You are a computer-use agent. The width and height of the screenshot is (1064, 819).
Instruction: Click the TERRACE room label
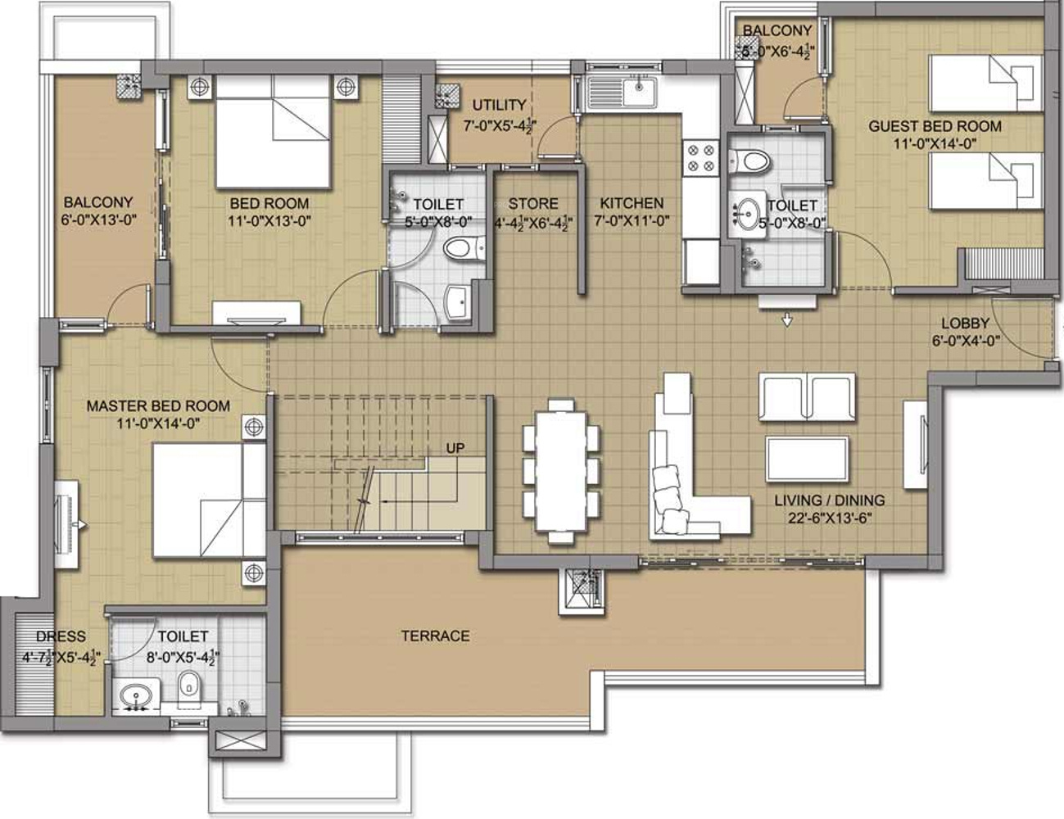(435, 636)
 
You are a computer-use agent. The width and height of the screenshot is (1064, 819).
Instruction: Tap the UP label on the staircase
(455, 448)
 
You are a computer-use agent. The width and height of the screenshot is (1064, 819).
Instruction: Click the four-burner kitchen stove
(700, 158)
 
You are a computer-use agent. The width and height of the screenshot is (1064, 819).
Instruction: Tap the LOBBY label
(965, 324)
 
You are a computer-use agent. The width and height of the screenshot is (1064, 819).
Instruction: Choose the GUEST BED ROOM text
(935, 126)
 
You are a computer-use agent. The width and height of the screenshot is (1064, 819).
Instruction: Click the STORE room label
(532, 203)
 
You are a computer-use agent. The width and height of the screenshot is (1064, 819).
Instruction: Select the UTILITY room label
(499, 105)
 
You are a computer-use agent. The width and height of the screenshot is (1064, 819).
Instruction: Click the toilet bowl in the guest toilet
(749, 161)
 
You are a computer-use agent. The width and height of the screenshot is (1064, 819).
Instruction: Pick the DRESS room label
(61, 636)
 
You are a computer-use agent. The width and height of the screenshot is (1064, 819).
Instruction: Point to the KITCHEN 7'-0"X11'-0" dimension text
(632, 221)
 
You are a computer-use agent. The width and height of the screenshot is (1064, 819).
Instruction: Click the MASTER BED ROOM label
(158, 406)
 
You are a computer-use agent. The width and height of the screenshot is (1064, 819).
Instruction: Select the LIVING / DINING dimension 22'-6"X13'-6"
(830, 518)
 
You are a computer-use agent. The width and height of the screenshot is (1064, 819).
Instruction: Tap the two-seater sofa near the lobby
(807, 396)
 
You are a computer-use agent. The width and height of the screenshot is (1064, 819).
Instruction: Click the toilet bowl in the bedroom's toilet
(464, 247)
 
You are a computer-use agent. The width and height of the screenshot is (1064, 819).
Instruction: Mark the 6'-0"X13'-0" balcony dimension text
(98, 220)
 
